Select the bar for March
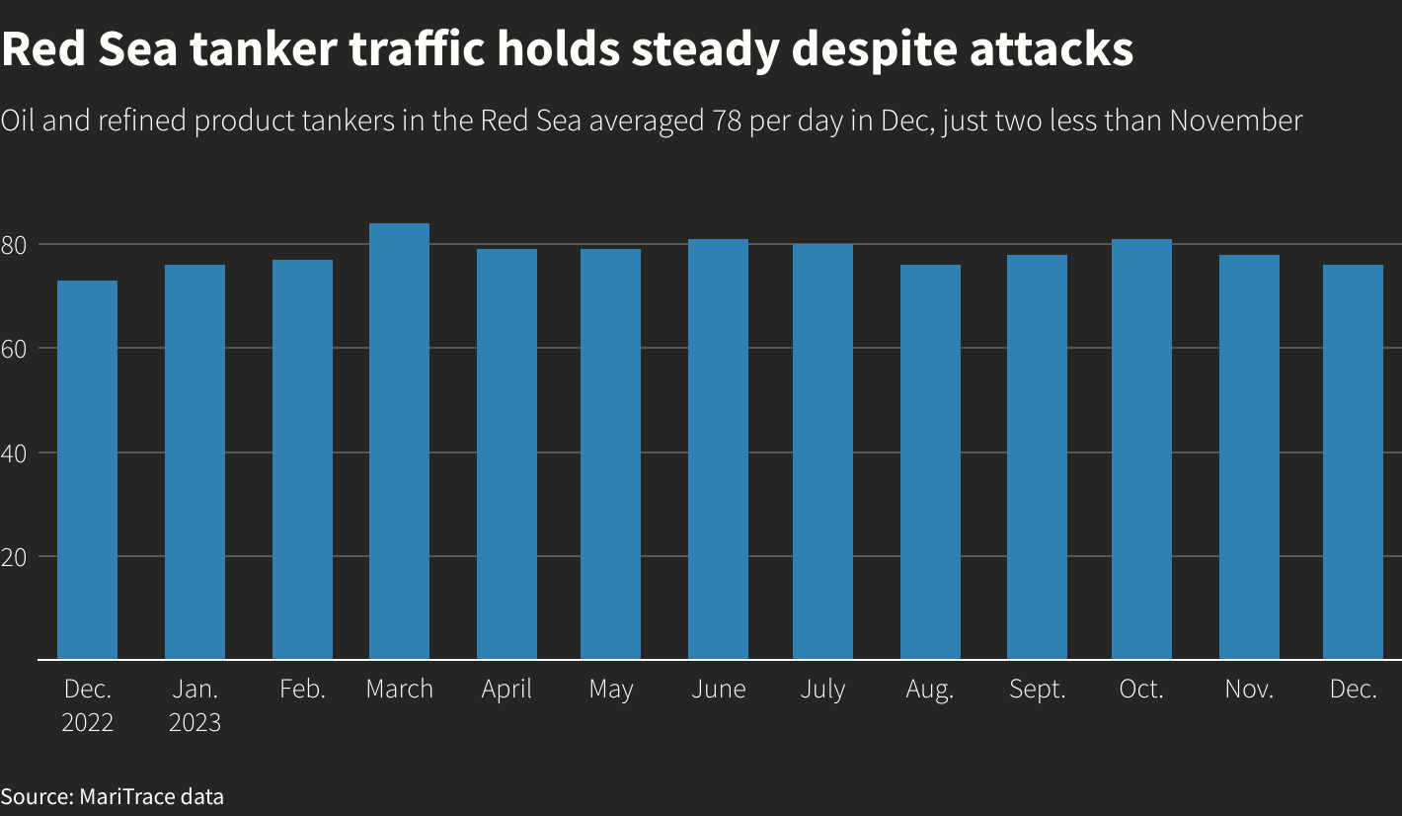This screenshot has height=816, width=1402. [x=399, y=441]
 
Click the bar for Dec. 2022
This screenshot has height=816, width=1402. [x=88, y=469]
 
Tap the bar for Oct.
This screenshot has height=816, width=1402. [x=1141, y=449]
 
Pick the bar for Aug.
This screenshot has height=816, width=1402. [x=930, y=461]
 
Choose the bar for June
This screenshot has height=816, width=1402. [x=718, y=449]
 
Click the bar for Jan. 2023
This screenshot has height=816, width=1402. [x=195, y=461]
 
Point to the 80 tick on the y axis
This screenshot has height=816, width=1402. [x=21, y=244]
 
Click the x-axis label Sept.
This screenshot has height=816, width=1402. [x=1038, y=690]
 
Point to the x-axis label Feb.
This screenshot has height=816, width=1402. [x=302, y=690]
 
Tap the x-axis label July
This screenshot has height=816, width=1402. [x=822, y=690]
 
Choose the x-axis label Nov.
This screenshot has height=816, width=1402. [x=1249, y=690]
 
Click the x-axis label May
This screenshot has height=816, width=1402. [x=610, y=690]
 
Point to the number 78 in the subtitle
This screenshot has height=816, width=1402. [x=726, y=122]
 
